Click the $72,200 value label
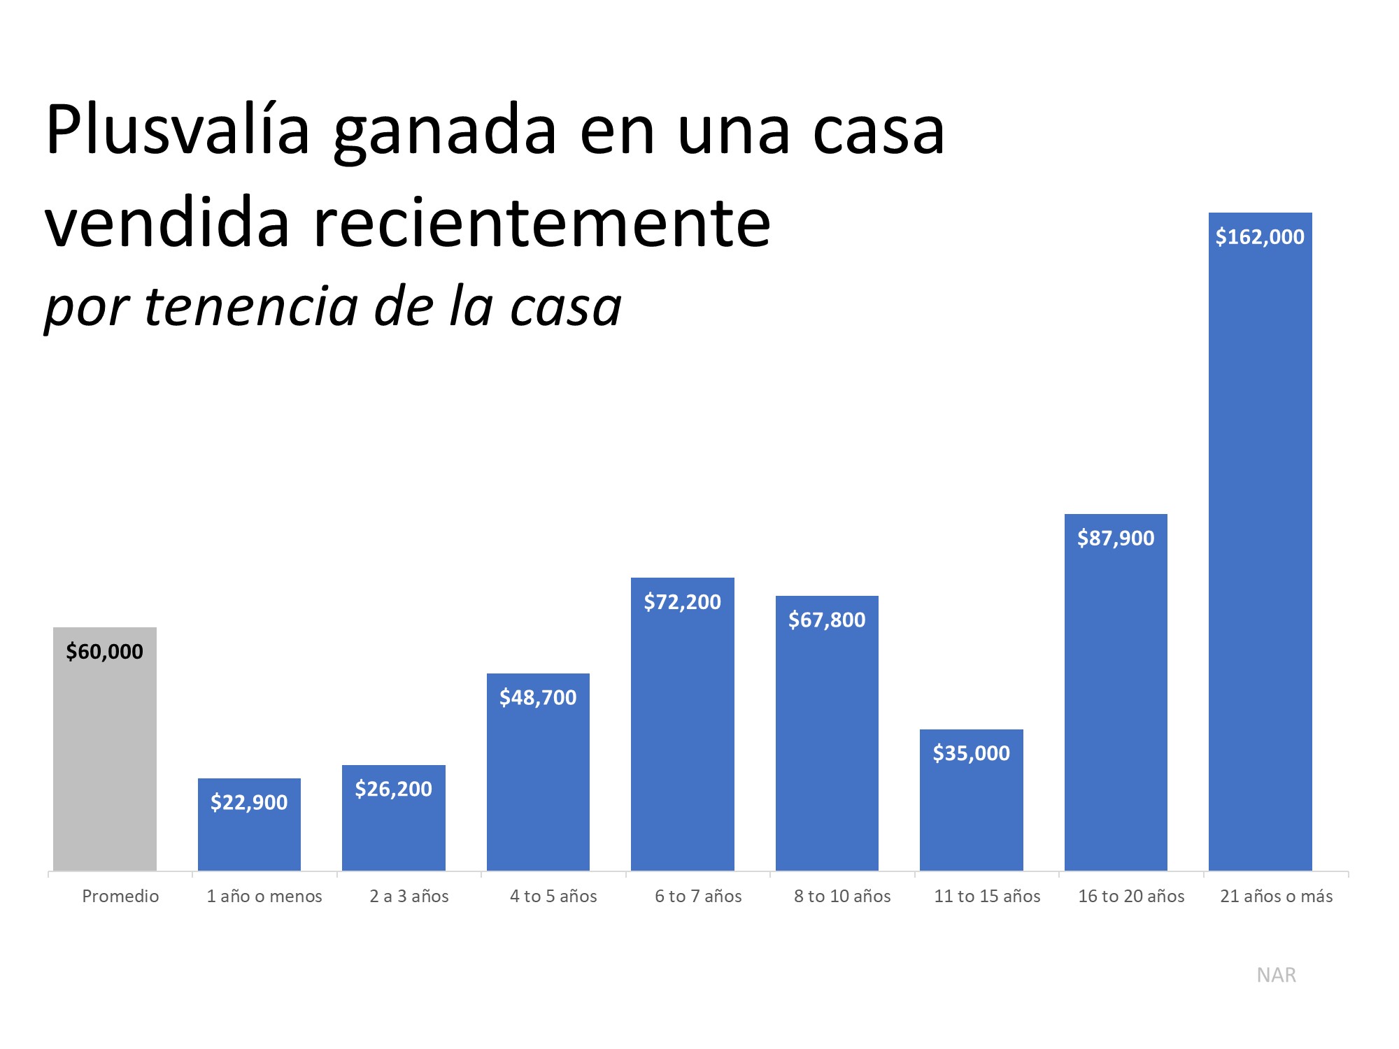[x=682, y=602]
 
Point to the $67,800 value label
[x=827, y=620]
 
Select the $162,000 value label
[x=1260, y=237]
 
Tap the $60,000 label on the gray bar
[x=104, y=652]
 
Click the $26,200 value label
[x=393, y=790]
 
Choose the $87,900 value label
[x=1116, y=538]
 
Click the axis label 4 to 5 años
[x=553, y=897]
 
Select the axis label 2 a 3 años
[x=409, y=897]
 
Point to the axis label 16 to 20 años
[x=1131, y=897]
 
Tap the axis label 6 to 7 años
[x=698, y=897]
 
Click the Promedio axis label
[x=120, y=897]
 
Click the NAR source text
[x=1276, y=975]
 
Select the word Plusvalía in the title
[x=178, y=130]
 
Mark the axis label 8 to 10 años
[x=842, y=897]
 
